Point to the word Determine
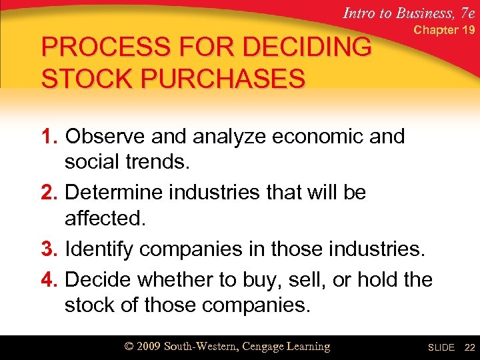(120, 193)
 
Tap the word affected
(104, 219)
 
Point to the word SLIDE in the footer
(441, 347)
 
